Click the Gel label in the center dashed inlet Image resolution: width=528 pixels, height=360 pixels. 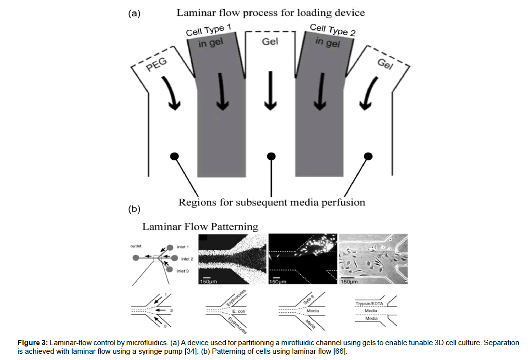[270, 42]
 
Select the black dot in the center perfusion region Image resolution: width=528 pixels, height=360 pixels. [271, 156]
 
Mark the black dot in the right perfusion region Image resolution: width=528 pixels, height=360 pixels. [369, 156]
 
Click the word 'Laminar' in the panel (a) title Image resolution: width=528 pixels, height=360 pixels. [197, 13]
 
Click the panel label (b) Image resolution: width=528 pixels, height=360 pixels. [134, 209]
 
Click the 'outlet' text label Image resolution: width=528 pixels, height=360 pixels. [136, 246]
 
